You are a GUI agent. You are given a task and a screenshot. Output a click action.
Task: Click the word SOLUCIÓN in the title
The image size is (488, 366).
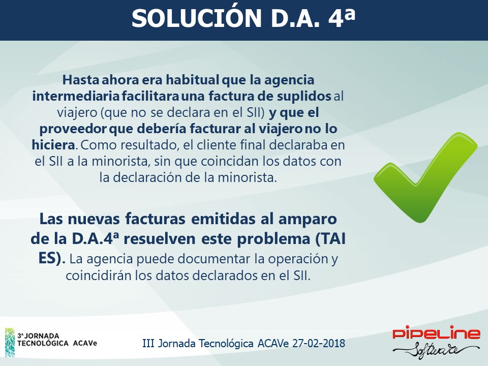tap(196, 18)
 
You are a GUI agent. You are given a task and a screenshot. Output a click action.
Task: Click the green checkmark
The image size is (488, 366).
tap(425, 178)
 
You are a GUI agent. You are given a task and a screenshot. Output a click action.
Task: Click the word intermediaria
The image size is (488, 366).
tap(76, 96)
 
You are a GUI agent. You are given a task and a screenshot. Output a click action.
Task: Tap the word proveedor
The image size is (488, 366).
tap(73, 129)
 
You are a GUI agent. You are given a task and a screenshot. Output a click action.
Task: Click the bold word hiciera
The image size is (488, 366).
tap(53, 145)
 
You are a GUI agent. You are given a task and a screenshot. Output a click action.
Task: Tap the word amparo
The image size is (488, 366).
tap(308, 220)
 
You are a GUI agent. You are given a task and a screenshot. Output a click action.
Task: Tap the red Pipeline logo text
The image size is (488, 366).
tap(436, 333)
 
